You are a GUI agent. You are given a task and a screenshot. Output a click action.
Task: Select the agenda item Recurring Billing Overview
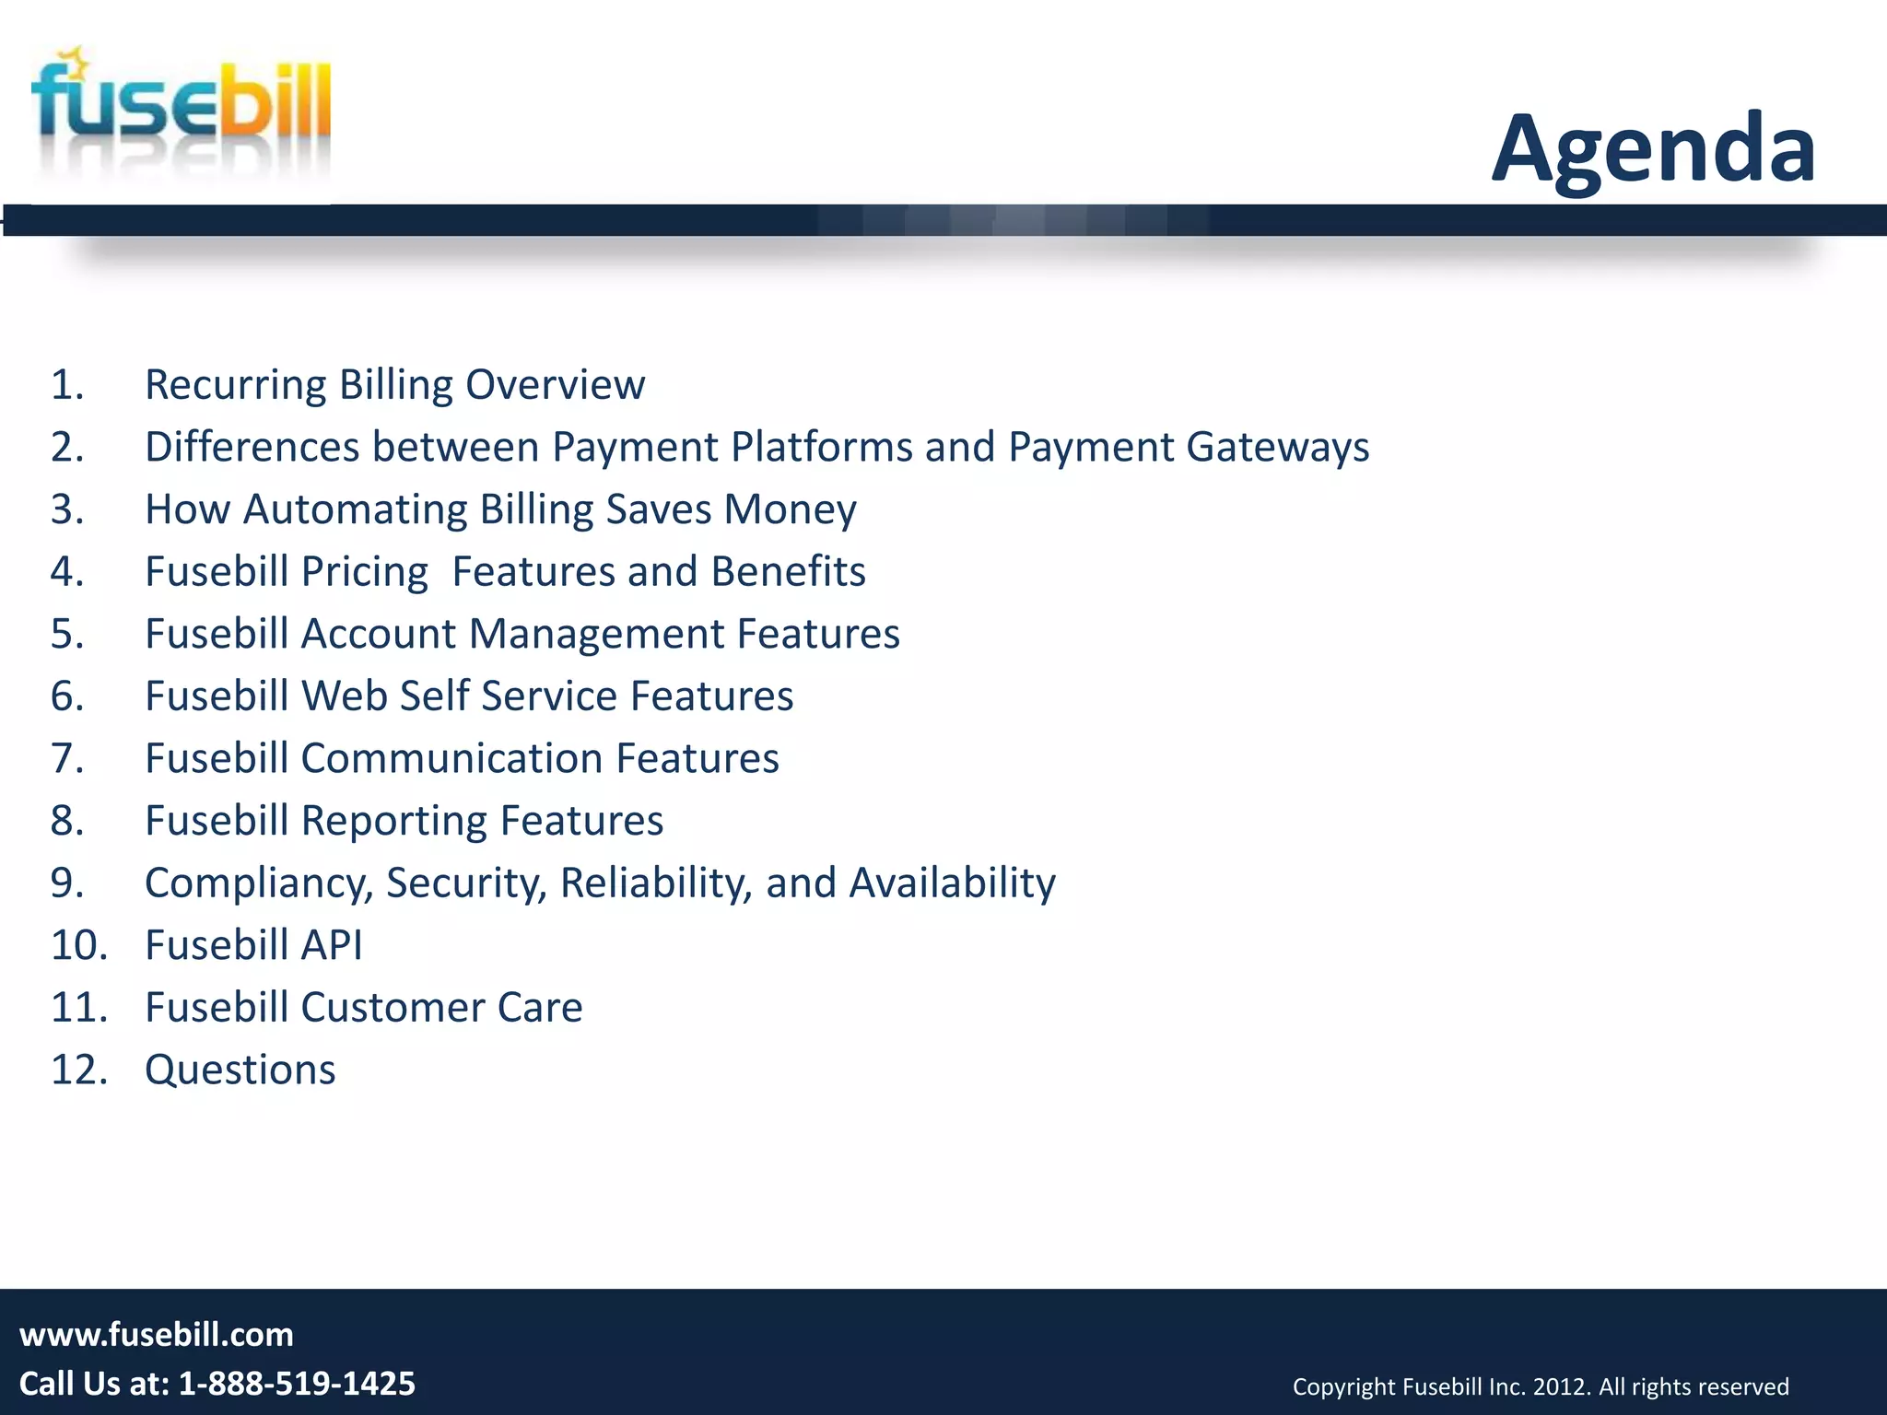[x=394, y=385]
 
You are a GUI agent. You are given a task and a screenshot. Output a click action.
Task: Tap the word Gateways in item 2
[x=1277, y=448]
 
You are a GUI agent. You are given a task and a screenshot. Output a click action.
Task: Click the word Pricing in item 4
[x=364, y=572]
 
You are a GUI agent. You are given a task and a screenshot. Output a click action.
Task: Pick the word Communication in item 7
[x=451, y=759]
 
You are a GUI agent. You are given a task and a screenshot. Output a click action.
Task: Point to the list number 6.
[x=66, y=696]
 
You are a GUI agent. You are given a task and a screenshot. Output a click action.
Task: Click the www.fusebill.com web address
[x=157, y=1335]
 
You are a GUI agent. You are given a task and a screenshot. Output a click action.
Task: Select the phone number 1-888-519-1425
[x=296, y=1384]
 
